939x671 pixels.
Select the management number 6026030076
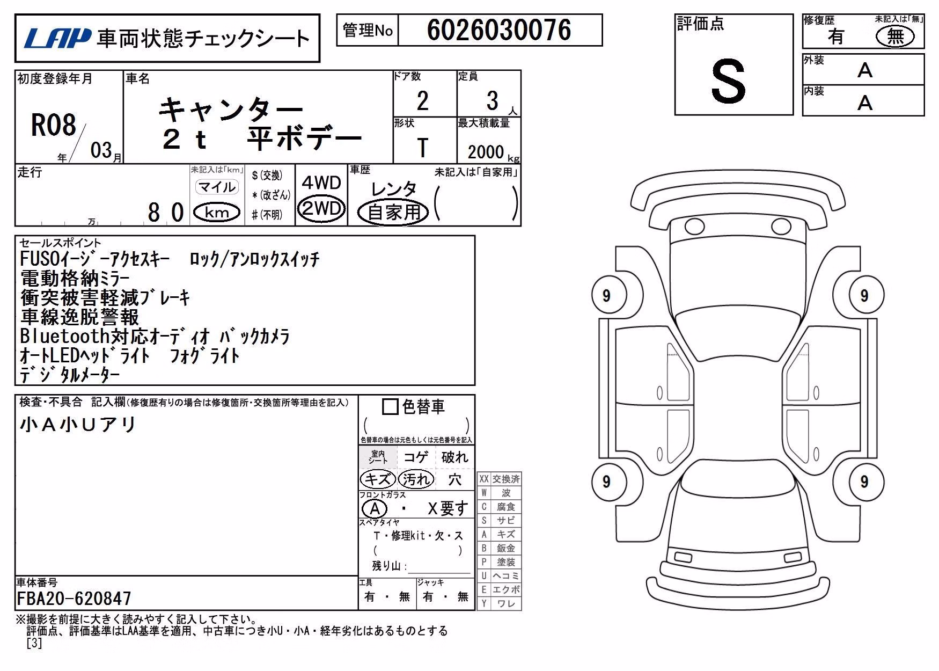click(499, 30)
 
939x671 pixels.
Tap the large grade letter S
click(728, 81)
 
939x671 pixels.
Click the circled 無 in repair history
click(894, 37)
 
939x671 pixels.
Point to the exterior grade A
click(865, 70)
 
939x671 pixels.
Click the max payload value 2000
click(486, 152)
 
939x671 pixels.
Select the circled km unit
click(217, 213)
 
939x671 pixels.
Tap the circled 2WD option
click(321, 208)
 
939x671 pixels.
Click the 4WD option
click(321, 183)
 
